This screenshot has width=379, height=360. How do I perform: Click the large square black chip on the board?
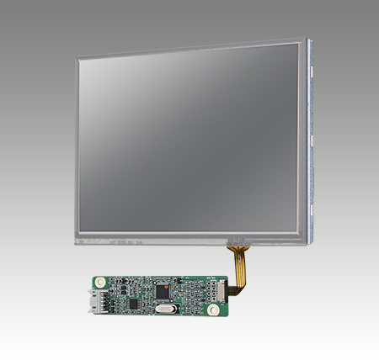(163, 291)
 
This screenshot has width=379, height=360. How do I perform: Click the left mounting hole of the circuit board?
(98, 283)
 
